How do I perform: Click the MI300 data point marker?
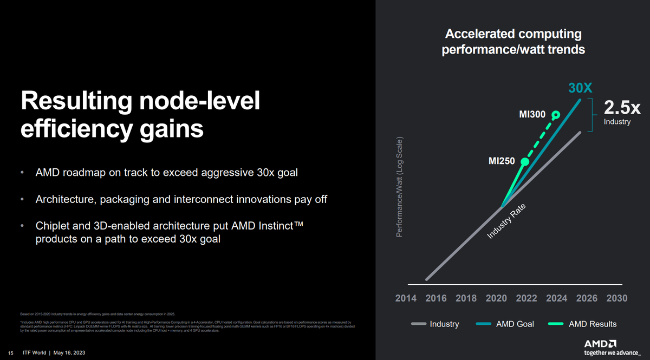(x=555, y=115)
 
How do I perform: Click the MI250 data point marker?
(x=524, y=161)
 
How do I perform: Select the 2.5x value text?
(x=622, y=107)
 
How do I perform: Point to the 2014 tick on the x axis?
(x=406, y=298)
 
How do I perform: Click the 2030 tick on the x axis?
(x=617, y=298)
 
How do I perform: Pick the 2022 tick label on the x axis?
(x=526, y=298)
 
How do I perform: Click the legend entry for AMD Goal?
(x=505, y=324)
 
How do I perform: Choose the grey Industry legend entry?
(x=435, y=324)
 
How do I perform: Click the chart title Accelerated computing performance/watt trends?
(x=513, y=42)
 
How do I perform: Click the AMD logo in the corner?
(x=600, y=343)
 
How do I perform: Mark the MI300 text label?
(x=532, y=115)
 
